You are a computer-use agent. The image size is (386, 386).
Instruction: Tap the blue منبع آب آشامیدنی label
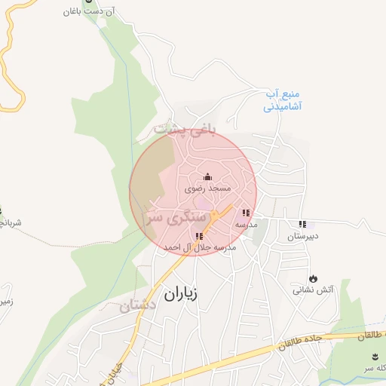click(283, 101)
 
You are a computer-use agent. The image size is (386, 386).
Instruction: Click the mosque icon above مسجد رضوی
click(208, 176)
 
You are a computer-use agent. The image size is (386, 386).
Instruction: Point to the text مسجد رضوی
click(208, 189)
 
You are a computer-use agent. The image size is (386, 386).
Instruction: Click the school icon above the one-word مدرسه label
click(246, 213)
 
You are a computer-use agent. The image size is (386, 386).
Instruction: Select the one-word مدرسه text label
click(246, 225)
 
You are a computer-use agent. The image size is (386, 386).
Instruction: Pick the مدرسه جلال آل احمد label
click(200, 247)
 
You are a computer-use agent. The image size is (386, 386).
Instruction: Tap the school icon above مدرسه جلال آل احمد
click(199, 236)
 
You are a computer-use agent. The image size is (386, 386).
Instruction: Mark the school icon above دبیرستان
click(302, 224)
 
